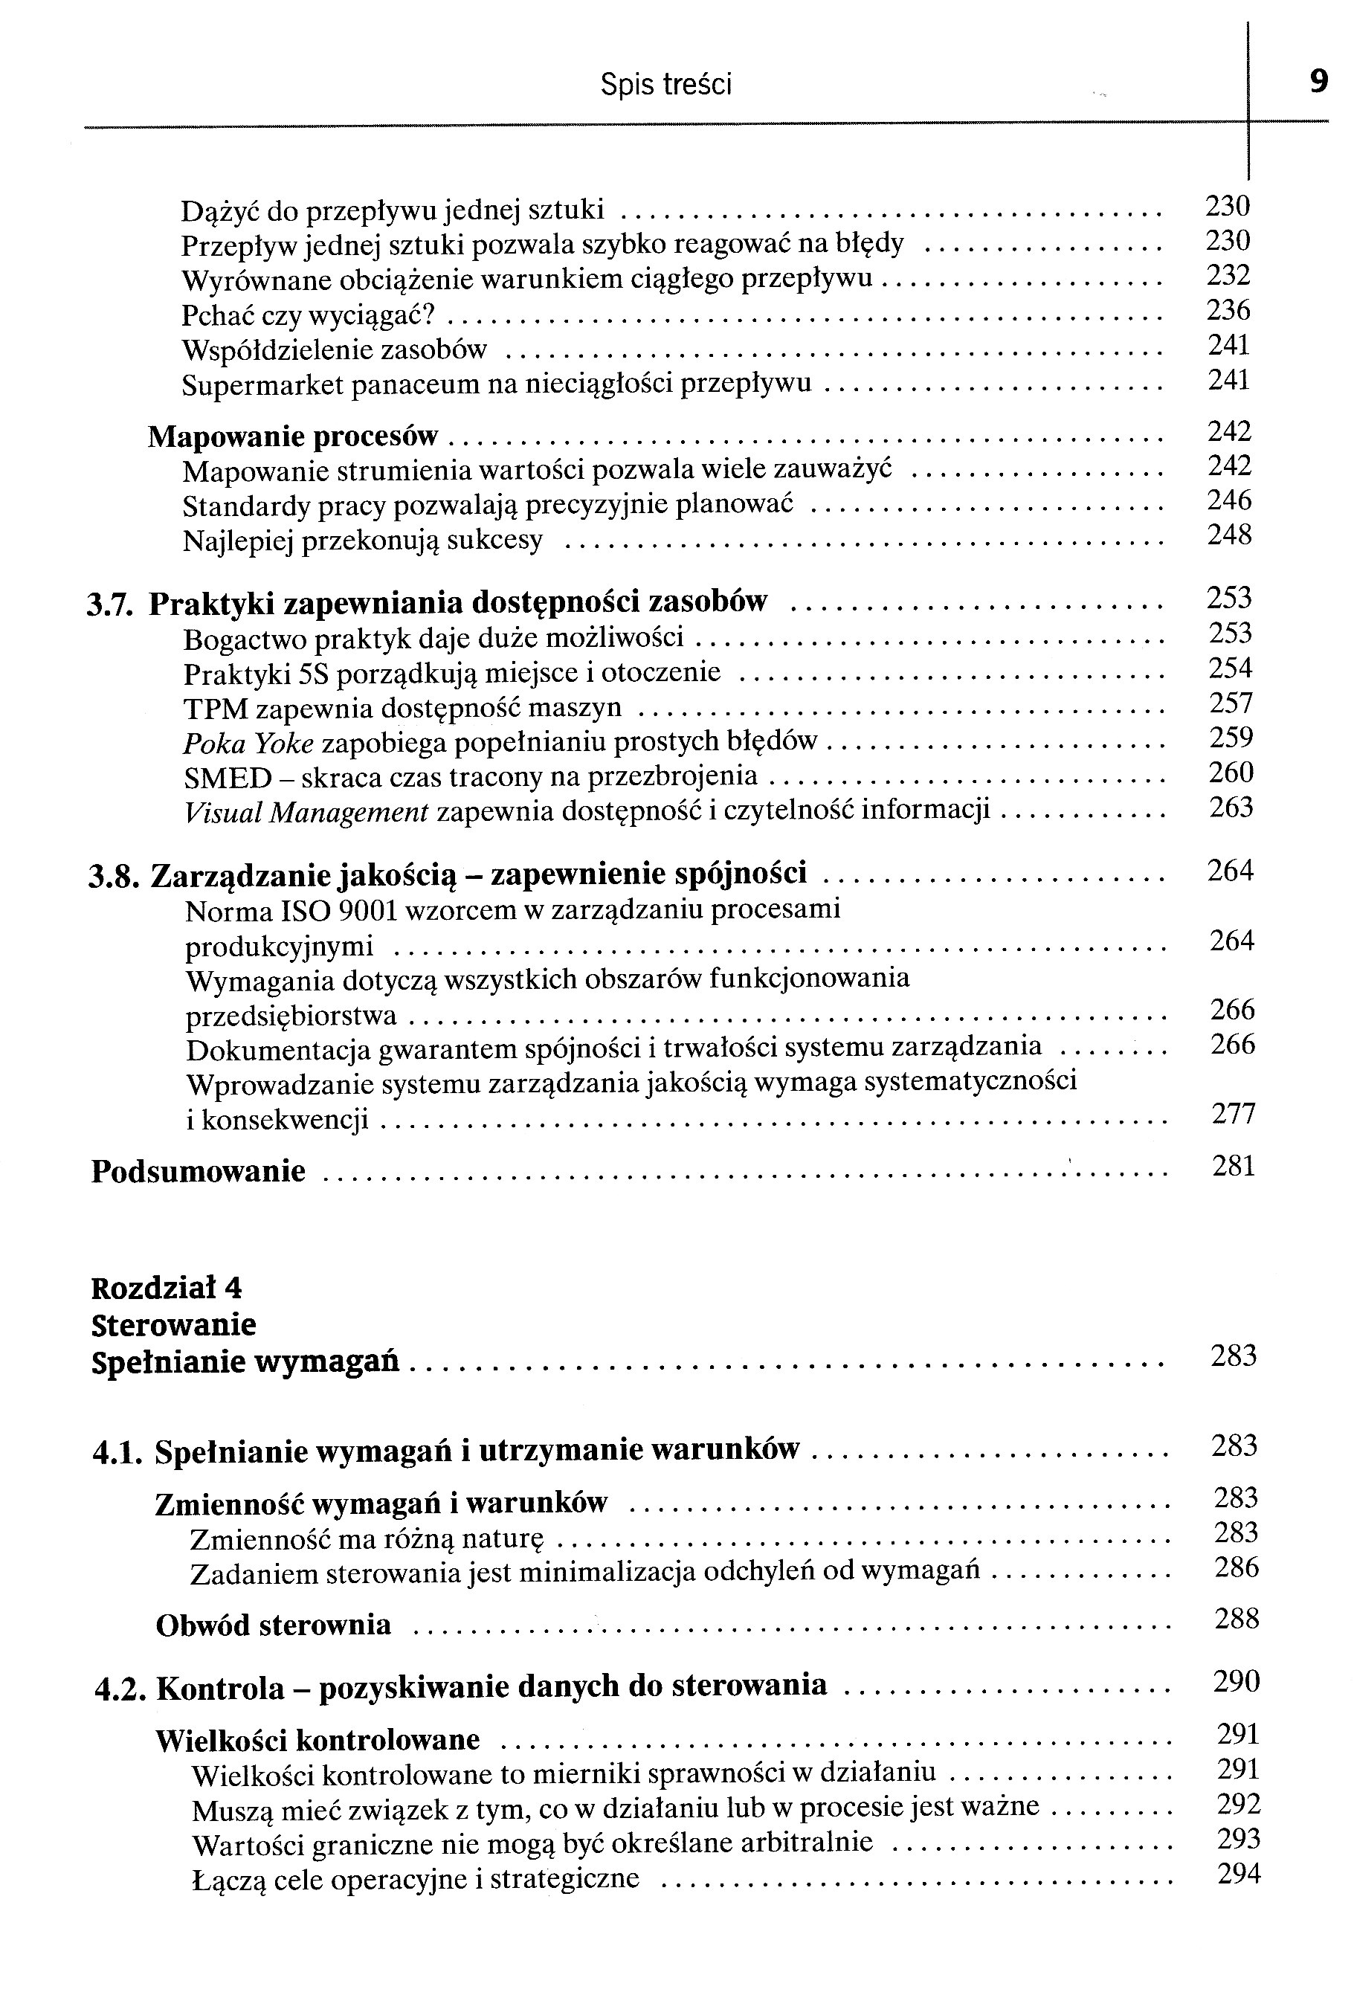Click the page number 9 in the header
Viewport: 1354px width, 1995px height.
[x=1319, y=83]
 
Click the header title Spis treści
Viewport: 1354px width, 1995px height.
[x=665, y=85]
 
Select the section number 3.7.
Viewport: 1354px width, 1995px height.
[x=109, y=605]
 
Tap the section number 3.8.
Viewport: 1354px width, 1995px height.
[x=113, y=877]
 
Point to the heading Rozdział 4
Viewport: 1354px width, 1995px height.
[x=167, y=1288]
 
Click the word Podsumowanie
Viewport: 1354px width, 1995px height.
[x=199, y=1172]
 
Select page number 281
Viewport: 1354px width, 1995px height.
[x=1233, y=1166]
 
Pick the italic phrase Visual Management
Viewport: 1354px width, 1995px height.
[x=306, y=812]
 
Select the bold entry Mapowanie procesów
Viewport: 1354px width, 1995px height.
[x=293, y=437]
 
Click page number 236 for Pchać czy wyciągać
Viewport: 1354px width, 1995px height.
[x=1228, y=310]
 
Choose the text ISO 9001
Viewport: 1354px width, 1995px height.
[x=339, y=910]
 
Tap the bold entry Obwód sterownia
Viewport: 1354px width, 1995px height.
[x=273, y=1625]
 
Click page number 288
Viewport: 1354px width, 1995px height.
[x=1237, y=1619]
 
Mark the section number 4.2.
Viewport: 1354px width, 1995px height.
[x=120, y=1689]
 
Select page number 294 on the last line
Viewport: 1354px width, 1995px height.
[x=1238, y=1875]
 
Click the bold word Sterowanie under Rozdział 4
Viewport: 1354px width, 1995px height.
[x=173, y=1324]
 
